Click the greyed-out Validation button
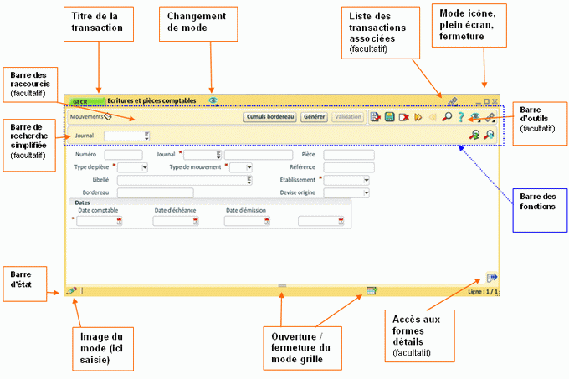346,117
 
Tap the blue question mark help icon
459,117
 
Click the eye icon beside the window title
213,100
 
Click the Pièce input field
347,155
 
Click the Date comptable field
100,221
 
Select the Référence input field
347,167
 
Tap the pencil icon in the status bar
71,291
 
